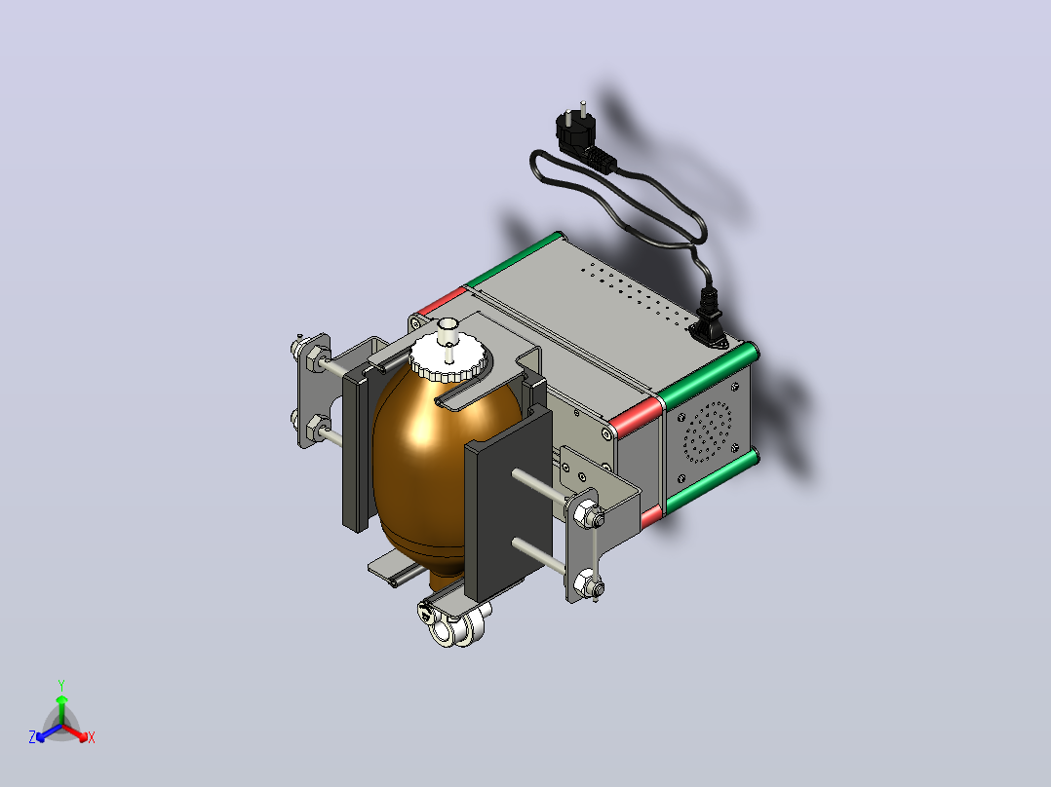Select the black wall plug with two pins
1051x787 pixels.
coord(582,139)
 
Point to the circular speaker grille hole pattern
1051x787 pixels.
coord(707,432)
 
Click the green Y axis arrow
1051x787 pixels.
coord(61,710)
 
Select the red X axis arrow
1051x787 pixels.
coord(74,732)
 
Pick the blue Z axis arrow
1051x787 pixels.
coord(49,732)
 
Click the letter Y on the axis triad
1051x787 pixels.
coord(61,686)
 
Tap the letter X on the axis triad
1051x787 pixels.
coord(92,737)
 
